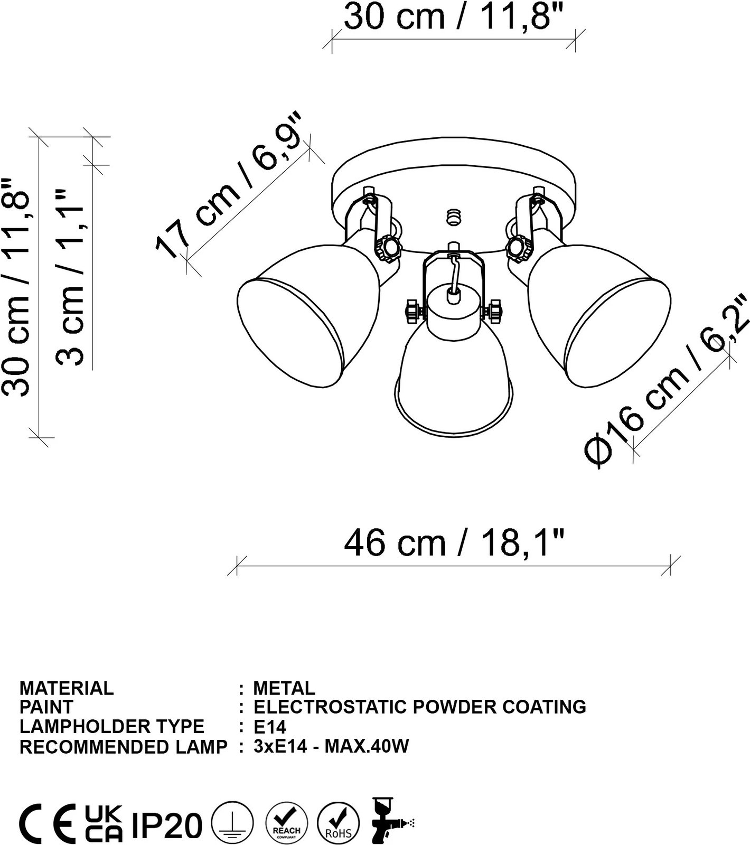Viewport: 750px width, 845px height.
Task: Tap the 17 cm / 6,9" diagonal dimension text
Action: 230,185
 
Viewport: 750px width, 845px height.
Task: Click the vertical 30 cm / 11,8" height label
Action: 16,287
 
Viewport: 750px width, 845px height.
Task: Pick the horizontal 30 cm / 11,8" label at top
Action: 454,16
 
